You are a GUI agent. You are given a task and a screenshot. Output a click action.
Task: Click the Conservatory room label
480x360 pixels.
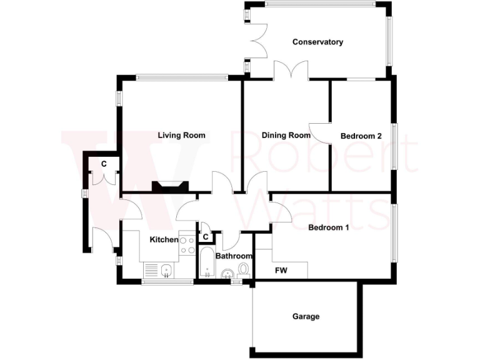317,42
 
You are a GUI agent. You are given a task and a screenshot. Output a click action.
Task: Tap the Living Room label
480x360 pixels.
181,136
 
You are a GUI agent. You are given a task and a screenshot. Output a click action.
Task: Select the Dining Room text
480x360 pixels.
286,136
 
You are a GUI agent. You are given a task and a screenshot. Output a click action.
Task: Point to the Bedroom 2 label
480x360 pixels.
361,136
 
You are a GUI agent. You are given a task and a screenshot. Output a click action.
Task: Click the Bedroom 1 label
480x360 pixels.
328,227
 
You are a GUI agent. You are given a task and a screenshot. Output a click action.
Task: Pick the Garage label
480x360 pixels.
306,317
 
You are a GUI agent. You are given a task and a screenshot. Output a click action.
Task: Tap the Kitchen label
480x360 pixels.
164,239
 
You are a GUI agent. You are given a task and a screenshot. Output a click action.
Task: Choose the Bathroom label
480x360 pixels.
234,256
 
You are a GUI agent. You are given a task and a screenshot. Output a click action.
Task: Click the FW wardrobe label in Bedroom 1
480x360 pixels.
281,271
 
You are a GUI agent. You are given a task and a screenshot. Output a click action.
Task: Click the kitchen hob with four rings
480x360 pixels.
187,244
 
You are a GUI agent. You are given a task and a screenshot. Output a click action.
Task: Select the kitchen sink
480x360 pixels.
165,271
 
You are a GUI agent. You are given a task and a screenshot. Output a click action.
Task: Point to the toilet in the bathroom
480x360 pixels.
243,269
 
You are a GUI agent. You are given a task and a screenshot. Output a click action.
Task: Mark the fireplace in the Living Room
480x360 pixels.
169,186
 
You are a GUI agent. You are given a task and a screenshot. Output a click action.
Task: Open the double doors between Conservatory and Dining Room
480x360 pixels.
291,69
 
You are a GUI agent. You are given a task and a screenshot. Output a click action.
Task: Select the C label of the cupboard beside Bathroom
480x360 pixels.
206,237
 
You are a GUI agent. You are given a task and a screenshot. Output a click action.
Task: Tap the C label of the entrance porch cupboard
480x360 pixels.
104,164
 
